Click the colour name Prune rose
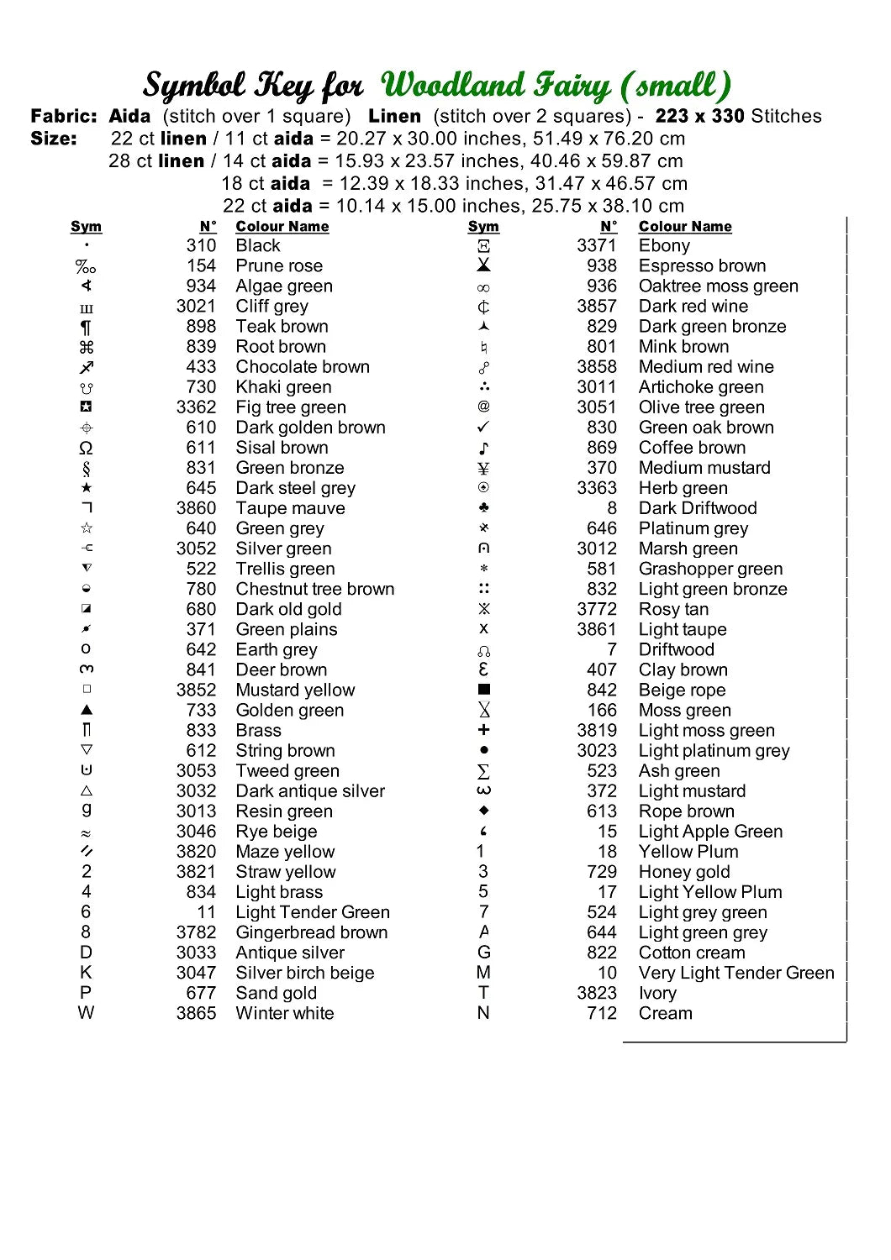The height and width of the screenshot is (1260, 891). pyautogui.click(x=279, y=266)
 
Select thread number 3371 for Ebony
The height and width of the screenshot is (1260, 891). pyautogui.click(x=596, y=246)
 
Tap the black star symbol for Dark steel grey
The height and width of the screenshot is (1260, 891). pyautogui.click(x=86, y=488)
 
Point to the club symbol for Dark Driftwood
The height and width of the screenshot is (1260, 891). pyautogui.click(x=483, y=507)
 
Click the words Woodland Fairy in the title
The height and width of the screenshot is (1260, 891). pyautogui.click(x=496, y=86)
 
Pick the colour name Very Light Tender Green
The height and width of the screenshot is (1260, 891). pyautogui.click(x=736, y=973)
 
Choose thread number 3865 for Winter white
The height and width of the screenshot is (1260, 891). pyautogui.click(x=196, y=1013)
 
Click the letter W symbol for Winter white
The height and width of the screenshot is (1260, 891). pyautogui.click(x=86, y=1013)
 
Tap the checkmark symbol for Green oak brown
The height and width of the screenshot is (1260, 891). pyautogui.click(x=483, y=427)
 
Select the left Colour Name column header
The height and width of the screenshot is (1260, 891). pyautogui.click(x=282, y=227)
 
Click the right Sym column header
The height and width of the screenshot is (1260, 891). pyautogui.click(x=483, y=227)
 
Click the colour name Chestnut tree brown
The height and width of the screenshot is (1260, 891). pyautogui.click(x=315, y=589)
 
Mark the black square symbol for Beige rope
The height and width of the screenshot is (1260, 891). pyautogui.click(x=483, y=690)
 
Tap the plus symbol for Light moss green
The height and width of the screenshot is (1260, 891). pyautogui.click(x=483, y=730)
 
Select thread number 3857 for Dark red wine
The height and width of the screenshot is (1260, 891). pyautogui.click(x=596, y=307)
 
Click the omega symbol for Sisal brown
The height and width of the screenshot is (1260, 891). pyautogui.click(x=86, y=448)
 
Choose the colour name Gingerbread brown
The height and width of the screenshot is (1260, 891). pyautogui.click(x=312, y=932)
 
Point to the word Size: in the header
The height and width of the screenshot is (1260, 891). pyautogui.click(x=54, y=139)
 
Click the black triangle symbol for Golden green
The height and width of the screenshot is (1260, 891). pyautogui.click(x=86, y=710)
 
